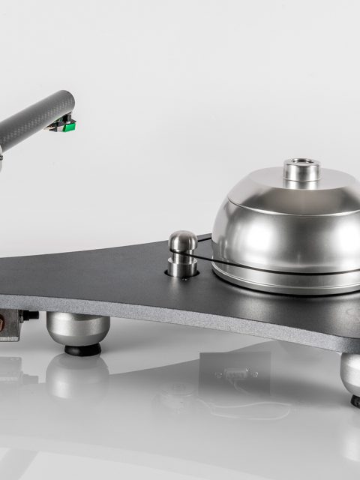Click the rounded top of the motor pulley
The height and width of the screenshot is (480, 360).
(182, 240)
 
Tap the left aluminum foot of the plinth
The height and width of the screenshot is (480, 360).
(77, 328)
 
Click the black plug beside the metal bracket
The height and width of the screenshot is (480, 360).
(31, 315)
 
